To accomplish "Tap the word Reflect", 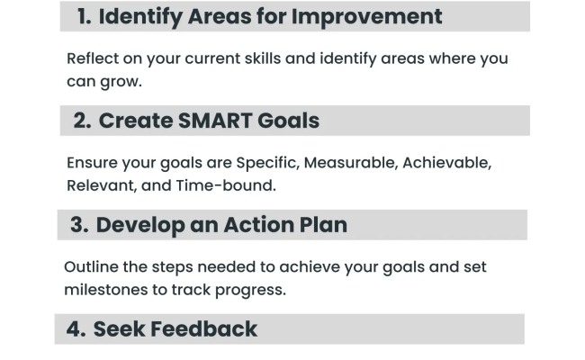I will pyautogui.click(x=94, y=58).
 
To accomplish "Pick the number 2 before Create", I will pyautogui.click(x=81, y=121).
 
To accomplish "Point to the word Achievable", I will pyautogui.click(x=447, y=163).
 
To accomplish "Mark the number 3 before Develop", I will pyautogui.click(x=78, y=225).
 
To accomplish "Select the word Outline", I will pyautogui.click(x=91, y=267).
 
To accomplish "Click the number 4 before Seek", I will pyautogui.click(x=75, y=329).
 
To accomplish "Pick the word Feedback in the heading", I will pyautogui.click(x=204, y=329).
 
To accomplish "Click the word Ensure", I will pyautogui.click(x=93, y=163).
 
